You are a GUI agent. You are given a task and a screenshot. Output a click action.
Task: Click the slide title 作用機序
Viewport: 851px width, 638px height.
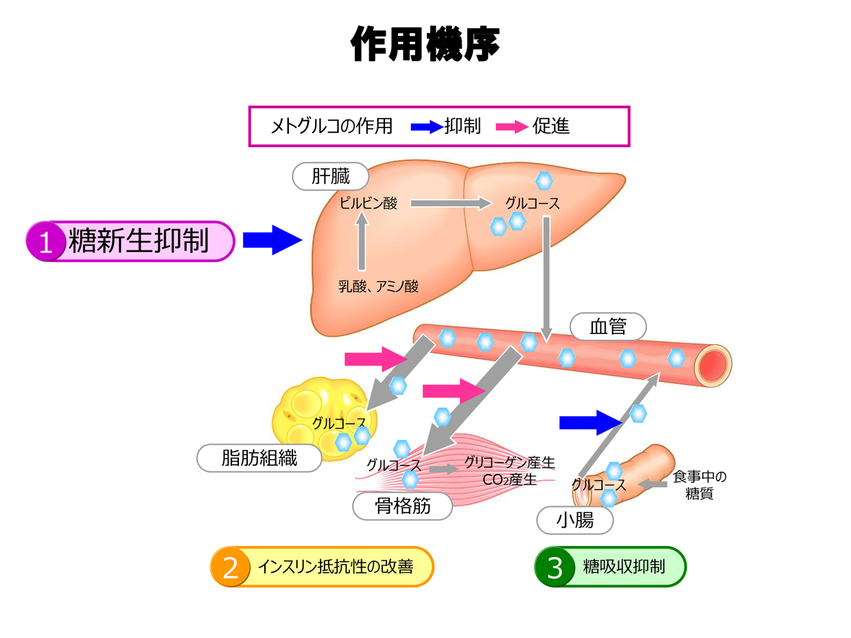click(425, 45)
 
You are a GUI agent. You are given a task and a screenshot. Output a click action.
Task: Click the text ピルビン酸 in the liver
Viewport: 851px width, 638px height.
click(369, 203)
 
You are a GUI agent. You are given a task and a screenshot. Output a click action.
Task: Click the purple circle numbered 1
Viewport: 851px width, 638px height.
click(47, 241)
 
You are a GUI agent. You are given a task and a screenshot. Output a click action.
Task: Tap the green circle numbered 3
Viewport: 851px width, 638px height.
click(555, 567)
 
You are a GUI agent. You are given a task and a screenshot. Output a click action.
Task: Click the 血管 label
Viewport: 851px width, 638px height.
click(608, 327)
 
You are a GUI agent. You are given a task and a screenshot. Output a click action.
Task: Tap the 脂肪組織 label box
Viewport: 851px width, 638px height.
click(259, 458)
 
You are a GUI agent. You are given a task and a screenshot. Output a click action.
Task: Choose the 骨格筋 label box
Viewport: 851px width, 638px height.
click(403, 506)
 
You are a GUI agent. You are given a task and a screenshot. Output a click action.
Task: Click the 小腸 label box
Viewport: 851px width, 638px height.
click(574, 520)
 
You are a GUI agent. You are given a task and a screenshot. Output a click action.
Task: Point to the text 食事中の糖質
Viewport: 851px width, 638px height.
click(699, 484)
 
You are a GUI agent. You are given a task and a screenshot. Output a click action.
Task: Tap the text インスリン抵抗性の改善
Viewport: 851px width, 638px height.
click(336, 567)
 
